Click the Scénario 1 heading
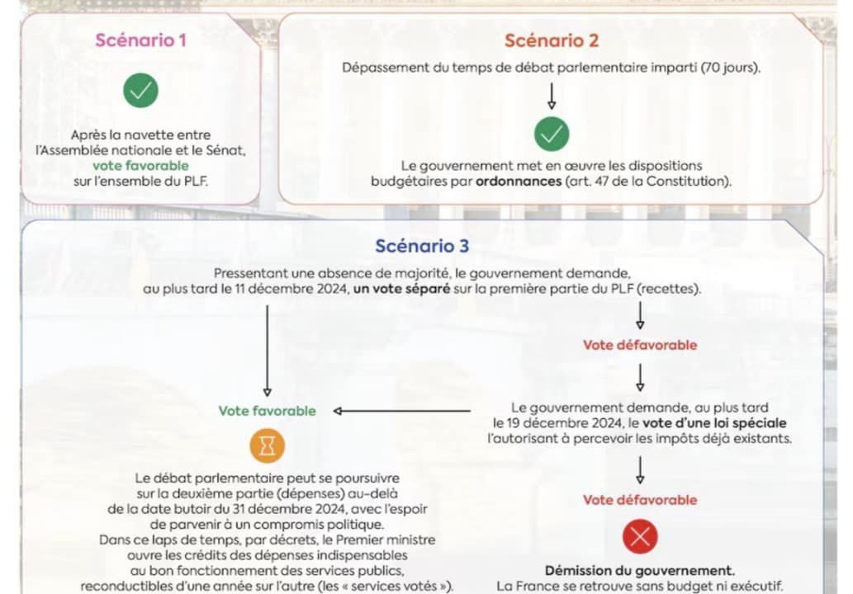[141, 40]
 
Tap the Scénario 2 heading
[552, 40]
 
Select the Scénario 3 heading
[422, 246]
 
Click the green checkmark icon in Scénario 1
[141, 90]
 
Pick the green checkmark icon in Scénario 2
[552, 134]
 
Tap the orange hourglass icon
[267, 445]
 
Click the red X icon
[640, 537]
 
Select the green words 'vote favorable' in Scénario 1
[140, 165]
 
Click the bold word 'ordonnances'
[519, 181]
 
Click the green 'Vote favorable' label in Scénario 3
[267, 411]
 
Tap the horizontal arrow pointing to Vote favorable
[402, 411]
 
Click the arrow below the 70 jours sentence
[552, 96]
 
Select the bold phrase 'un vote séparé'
[401, 289]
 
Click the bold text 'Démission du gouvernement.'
[640, 571]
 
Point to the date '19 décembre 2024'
[566, 422]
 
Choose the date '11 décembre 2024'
[291, 289]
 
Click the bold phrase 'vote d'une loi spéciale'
[714, 422]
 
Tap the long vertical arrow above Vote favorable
[267, 351]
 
